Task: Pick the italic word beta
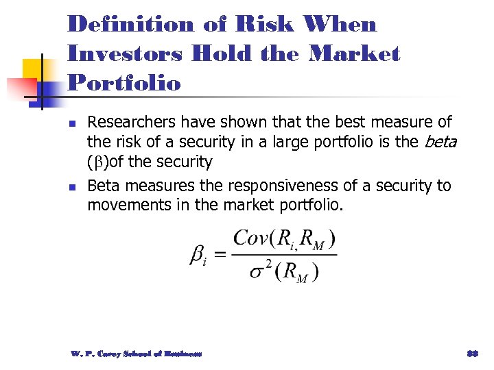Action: [441, 143]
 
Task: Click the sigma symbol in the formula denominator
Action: [257, 271]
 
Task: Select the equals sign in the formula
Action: [220, 256]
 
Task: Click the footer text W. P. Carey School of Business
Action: [136, 354]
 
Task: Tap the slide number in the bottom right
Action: [472, 354]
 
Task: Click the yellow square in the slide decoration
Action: [34, 71]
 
